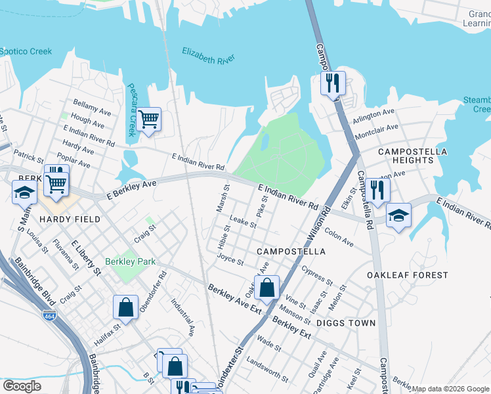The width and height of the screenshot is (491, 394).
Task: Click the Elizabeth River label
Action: [x=209, y=56]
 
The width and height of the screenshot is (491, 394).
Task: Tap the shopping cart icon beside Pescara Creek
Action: [x=149, y=120]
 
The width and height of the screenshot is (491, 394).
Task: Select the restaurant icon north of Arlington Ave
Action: [x=333, y=83]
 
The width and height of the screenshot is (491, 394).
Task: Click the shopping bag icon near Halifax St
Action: [x=125, y=307]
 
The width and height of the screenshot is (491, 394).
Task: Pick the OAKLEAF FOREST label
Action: [x=407, y=275]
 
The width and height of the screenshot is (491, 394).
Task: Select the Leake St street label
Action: [x=243, y=222]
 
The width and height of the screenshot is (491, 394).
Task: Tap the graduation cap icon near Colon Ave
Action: [x=398, y=215]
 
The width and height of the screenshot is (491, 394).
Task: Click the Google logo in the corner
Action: [x=22, y=386]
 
